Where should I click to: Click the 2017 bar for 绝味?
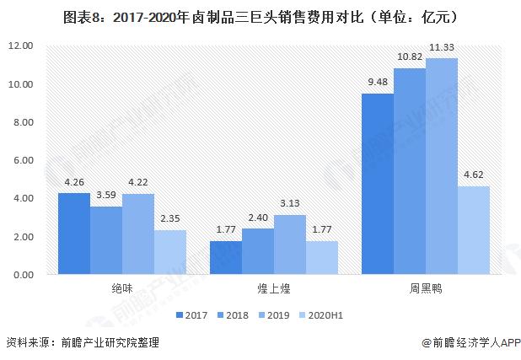[x=74, y=234]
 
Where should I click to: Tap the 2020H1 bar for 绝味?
[x=169, y=252]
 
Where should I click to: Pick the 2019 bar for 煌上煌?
[x=289, y=244]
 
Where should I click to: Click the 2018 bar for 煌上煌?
[x=257, y=251]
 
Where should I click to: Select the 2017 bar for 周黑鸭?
[x=377, y=184]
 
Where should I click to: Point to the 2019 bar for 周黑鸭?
[x=441, y=166]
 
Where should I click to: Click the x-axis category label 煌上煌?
[x=273, y=288]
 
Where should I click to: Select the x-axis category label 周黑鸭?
[x=425, y=288]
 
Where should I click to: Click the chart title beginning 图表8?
[x=260, y=14]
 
